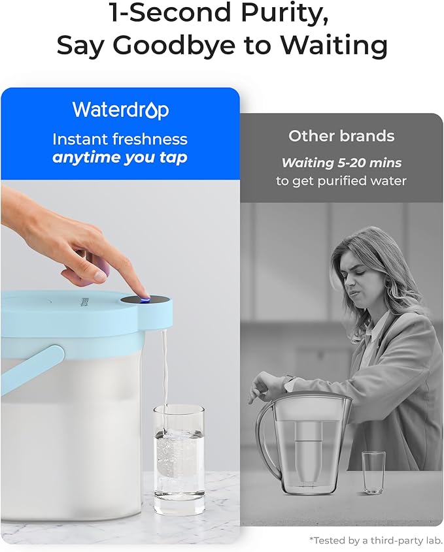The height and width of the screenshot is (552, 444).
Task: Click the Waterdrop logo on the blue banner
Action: (x=120, y=110)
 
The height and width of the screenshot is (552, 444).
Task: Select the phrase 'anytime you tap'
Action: (x=120, y=157)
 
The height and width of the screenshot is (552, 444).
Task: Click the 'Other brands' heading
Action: (x=341, y=136)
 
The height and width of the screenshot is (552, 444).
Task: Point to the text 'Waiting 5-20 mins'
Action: (x=341, y=163)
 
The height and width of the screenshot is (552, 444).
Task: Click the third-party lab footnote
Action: (x=377, y=540)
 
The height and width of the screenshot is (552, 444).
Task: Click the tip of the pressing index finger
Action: (x=140, y=293)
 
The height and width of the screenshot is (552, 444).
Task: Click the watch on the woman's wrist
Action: (x=288, y=379)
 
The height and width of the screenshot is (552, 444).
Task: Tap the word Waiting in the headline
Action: (x=333, y=45)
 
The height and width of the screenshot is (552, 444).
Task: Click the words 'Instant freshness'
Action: (x=120, y=139)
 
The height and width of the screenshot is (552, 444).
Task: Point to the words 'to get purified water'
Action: (x=341, y=181)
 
